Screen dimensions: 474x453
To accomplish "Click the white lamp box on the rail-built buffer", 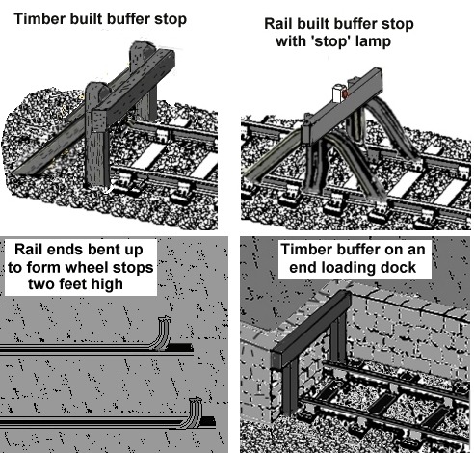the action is pyautogui.click(x=337, y=93).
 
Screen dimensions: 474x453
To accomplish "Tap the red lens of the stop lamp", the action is pyautogui.click(x=345, y=94).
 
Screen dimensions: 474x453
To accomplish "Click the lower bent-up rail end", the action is pyautogui.click(x=193, y=413).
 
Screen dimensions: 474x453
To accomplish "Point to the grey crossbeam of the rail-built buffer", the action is pyautogui.click(x=342, y=106).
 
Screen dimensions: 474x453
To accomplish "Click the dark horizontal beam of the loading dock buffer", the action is pyautogui.click(x=310, y=329).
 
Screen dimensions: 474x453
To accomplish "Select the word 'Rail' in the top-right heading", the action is pyautogui.click(x=277, y=24).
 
